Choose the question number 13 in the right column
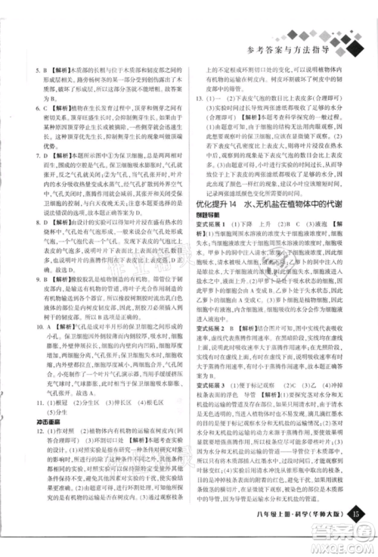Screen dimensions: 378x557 [x=202, y=98]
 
